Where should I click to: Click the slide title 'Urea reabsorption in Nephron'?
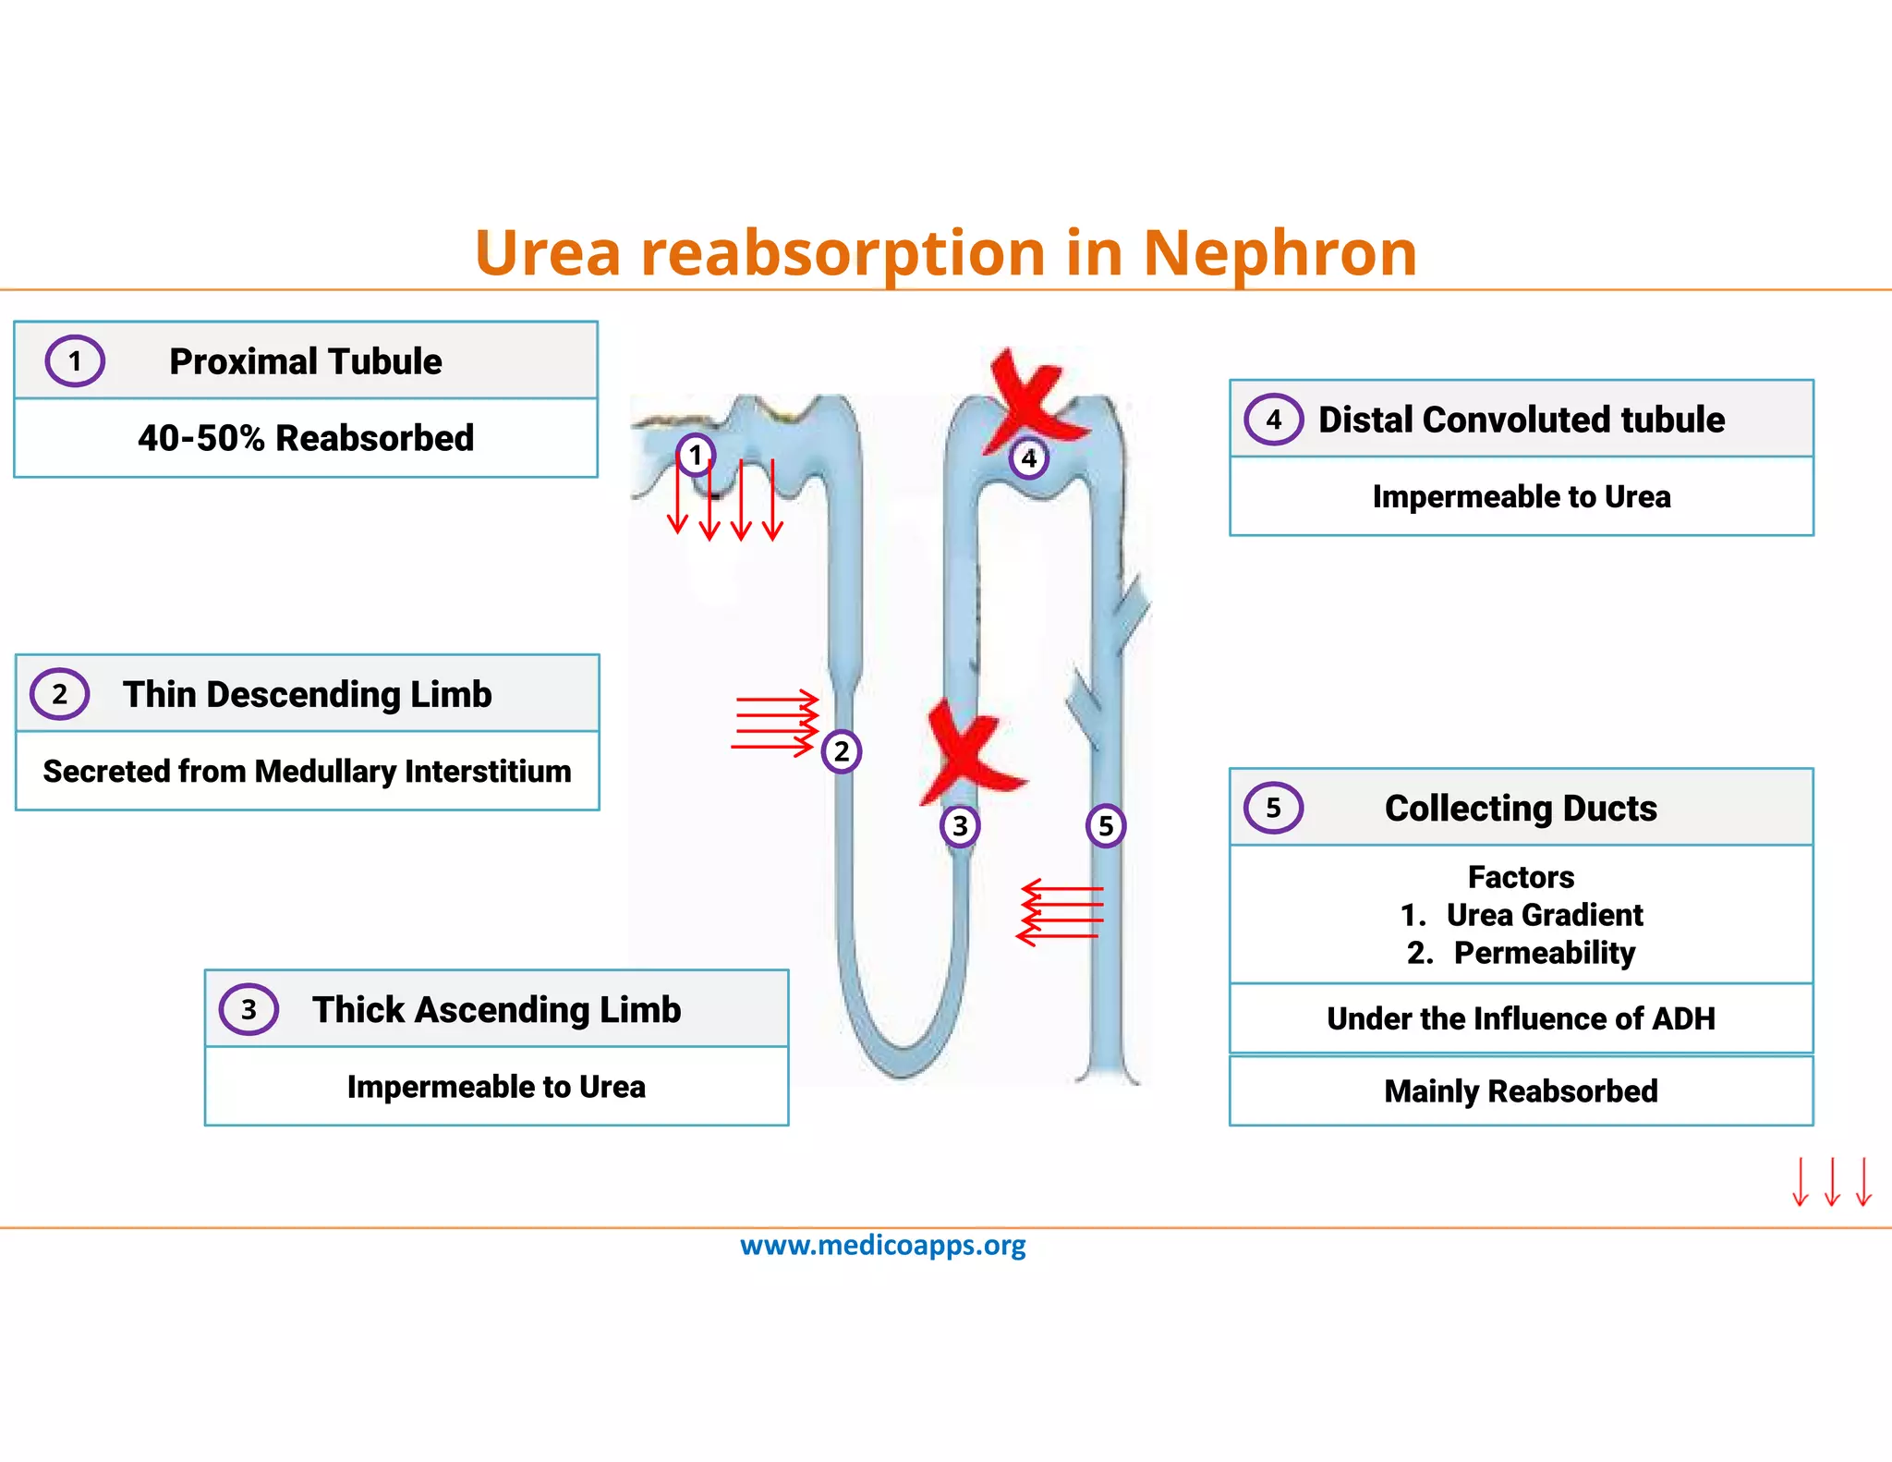[x=945, y=252]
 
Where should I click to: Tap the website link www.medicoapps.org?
[x=882, y=1246]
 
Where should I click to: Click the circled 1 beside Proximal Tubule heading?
[x=75, y=361]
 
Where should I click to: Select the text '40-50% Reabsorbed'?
[x=306, y=438]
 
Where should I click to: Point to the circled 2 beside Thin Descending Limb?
[x=60, y=694]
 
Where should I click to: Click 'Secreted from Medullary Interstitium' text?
[x=307, y=772]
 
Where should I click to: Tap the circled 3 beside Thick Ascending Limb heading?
[x=249, y=1009]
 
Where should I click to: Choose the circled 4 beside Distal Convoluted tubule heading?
[x=1273, y=420]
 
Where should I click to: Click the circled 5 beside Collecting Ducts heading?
[x=1273, y=808]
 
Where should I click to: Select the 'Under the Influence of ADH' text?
[x=1521, y=1018]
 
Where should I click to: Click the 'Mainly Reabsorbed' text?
[x=1521, y=1091]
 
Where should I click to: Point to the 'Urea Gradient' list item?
[x=1544, y=915]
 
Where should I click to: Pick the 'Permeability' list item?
[x=1544, y=953]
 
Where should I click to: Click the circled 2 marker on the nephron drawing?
[x=841, y=751]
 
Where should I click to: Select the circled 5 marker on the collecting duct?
[x=1105, y=825]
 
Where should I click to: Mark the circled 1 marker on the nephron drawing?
[x=696, y=455]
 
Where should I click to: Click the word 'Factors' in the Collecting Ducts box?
[x=1521, y=877]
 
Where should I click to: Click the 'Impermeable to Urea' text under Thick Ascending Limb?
[x=496, y=1087]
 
